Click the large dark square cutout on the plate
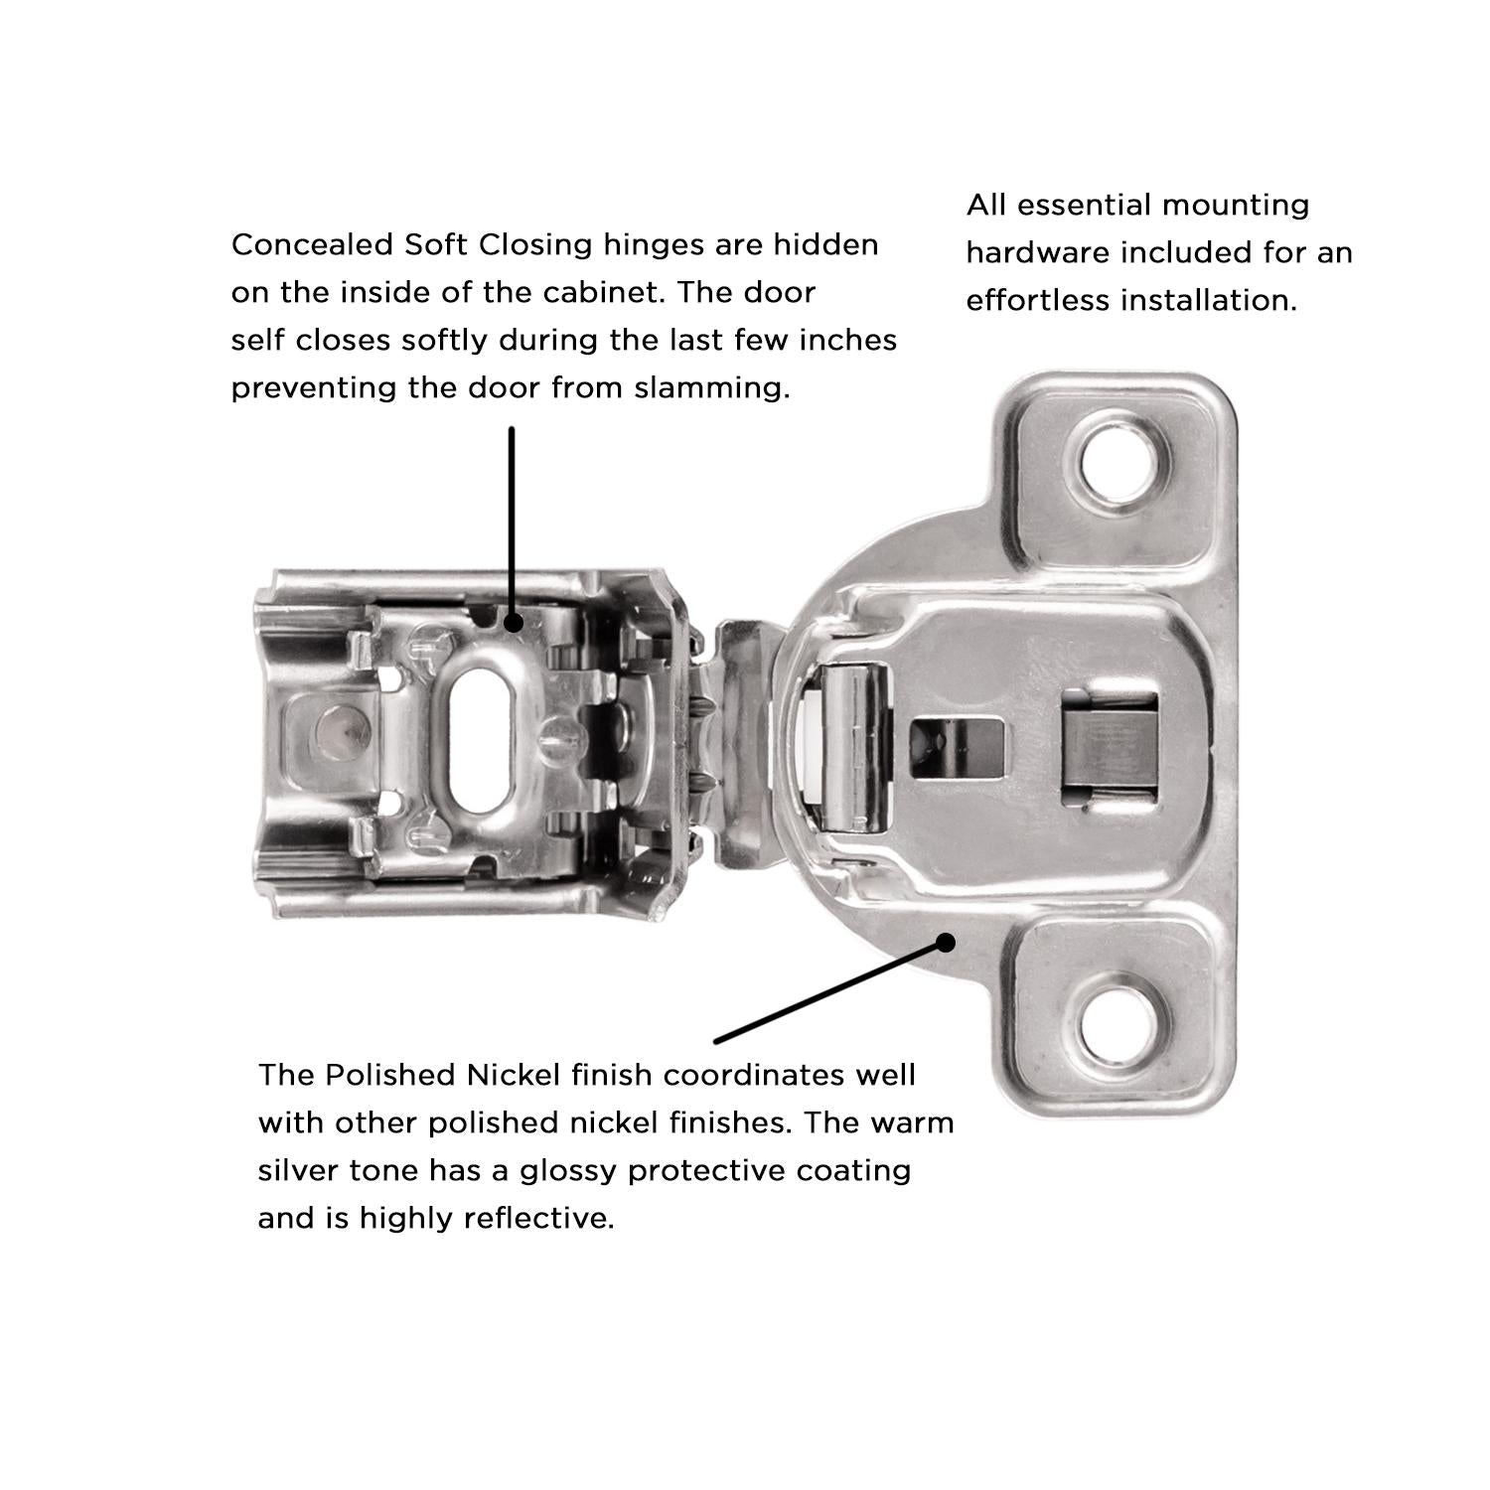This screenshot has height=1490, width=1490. point(1111,747)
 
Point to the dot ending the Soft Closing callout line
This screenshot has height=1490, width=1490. point(513,623)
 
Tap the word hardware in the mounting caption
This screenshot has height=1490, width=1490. point(1039,252)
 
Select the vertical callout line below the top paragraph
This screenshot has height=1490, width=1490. point(512,521)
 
